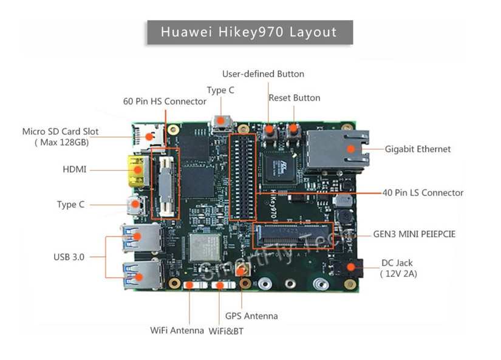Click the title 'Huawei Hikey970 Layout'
(249, 32)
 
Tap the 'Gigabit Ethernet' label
(418, 149)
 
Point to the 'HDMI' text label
(75, 169)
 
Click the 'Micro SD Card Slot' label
(60, 132)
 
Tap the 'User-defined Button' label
(263, 74)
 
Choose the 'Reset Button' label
(295, 98)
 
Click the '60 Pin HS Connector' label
(165, 101)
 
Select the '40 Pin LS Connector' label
(423, 193)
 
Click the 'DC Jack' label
(397, 263)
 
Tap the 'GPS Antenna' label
(251, 316)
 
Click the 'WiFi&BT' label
(226, 331)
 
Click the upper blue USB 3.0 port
(138, 237)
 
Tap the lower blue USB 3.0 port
(138, 274)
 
